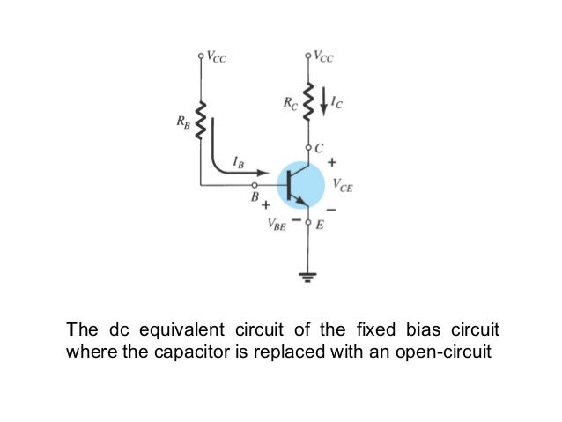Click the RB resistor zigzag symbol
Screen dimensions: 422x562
pos(201,122)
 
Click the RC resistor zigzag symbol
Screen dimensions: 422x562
pos(308,99)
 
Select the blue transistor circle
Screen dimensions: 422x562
pos(300,184)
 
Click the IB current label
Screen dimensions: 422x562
pos(239,162)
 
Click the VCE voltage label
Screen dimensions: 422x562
pos(343,185)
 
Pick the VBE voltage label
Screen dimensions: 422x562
pos(277,226)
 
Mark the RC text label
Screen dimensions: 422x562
pos(291,102)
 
